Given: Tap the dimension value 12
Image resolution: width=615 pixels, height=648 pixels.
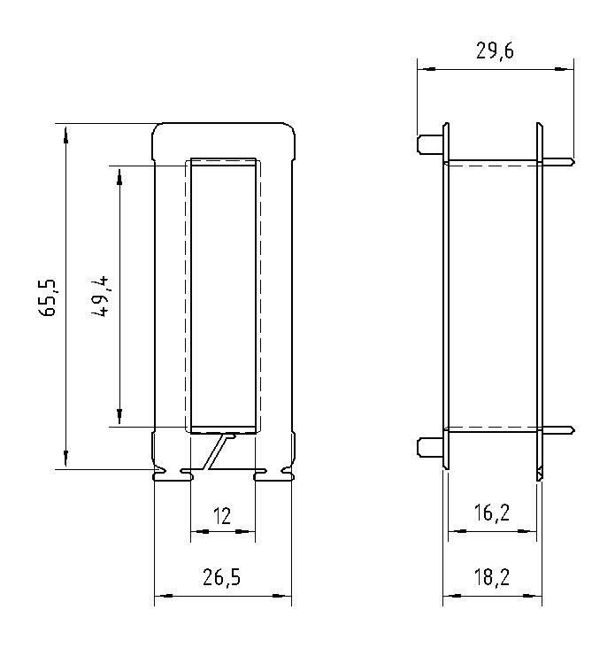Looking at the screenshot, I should pyautogui.click(x=222, y=516).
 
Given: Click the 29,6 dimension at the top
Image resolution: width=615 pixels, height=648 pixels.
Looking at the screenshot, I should pyautogui.click(x=495, y=51).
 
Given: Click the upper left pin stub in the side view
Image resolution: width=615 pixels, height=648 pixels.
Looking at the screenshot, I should pyautogui.click(x=429, y=143).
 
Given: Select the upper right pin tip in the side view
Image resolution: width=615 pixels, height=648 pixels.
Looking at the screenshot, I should pyautogui.click(x=569, y=161).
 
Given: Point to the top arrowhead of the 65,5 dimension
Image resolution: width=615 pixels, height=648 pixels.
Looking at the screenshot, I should pyautogui.click(x=65, y=130).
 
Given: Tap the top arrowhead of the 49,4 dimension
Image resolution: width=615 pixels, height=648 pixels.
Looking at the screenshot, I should pyautogui.click(x=119, y=172).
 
